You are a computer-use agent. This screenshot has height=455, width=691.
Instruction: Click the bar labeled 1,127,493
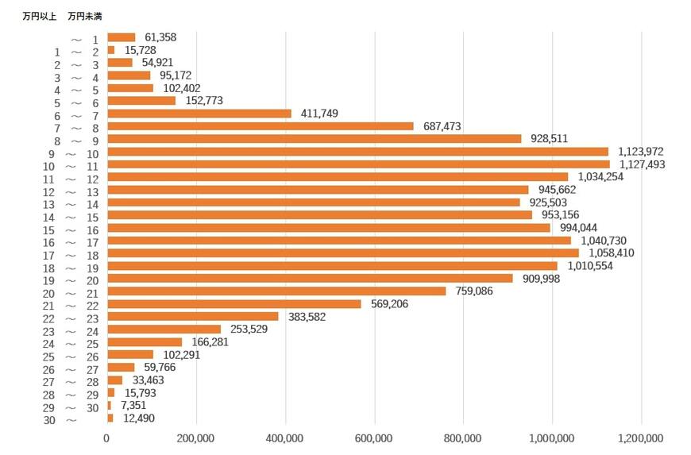pos(357,164)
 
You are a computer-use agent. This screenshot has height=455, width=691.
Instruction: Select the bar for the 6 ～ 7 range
pos(199,114)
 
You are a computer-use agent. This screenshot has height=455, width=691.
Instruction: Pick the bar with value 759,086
pos(276,291)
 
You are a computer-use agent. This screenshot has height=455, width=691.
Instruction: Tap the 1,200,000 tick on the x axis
pos(640,438)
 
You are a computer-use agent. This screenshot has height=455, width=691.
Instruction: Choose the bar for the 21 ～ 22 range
pos(234,303)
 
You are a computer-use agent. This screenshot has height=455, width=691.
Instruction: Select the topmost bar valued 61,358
pos(121,37)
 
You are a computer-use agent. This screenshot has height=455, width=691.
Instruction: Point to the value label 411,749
pos(319,114)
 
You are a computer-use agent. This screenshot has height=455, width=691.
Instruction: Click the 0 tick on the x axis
pos(107,438)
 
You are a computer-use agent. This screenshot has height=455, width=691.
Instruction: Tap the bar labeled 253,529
pos(164,329)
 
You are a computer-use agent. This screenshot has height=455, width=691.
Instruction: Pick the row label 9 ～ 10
pos(72,153)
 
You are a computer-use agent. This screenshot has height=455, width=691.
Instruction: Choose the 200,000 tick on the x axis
pos(195,438)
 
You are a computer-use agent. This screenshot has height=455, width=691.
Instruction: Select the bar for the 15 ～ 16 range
pos(328,228)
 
